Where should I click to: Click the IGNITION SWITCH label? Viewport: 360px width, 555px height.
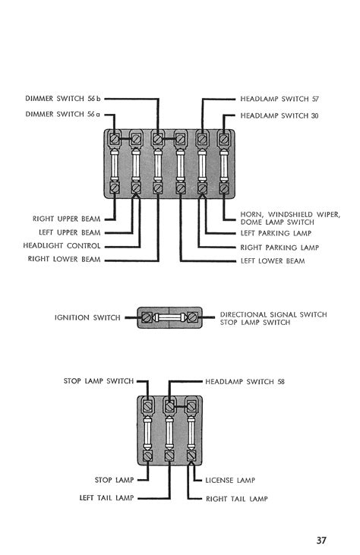pos(88,317)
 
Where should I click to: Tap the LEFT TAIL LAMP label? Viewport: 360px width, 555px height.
pos(106,497)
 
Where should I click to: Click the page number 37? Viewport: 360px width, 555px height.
pos(324,541)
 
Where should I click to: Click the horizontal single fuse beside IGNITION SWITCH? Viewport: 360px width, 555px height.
pos(170,317)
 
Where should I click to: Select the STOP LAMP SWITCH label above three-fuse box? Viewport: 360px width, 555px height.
pos(99,380)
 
